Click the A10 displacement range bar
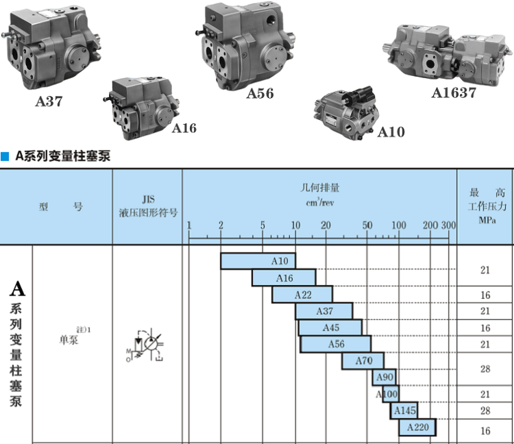point(258,261)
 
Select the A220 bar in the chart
point(417,427)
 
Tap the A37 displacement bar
point(324,311)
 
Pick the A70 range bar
point(363,360)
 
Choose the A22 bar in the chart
point(302,295)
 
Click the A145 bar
point(404,410)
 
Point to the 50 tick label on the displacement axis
point(367,225)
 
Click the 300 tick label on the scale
point(448,225)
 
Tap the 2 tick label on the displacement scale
point(221,225)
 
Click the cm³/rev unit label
point(319,202)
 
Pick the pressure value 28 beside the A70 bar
point(485,369)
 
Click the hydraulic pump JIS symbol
point(147,343)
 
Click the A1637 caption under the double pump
point(454,92)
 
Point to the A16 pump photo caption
point(184,128)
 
